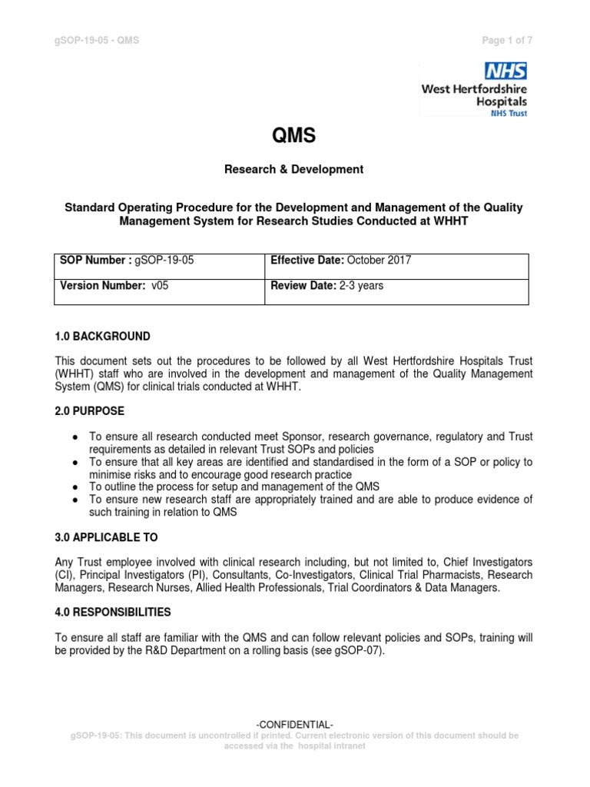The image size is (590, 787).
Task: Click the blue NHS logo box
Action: (x=505, y=71)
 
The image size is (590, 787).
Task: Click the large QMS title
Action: (x=294, y=137)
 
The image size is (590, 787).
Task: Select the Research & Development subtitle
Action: (x=294, y=169)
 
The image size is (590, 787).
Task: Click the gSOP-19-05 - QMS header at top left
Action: (x=96, y=41)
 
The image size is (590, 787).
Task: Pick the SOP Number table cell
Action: (x=159, y=266)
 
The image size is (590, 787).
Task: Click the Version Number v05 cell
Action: (x=159, y=291)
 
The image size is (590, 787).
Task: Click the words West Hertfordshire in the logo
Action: (x=474, y=89)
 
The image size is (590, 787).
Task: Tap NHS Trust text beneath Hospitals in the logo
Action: (x=509, y=112)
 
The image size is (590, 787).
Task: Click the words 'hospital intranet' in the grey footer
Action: (x=331, y=745)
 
